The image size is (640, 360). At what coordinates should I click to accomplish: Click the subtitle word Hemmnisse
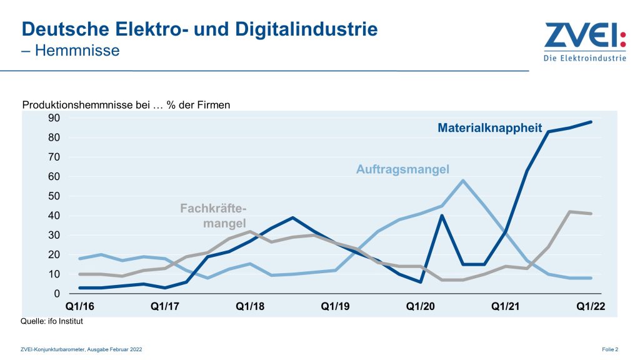click(x=78, y=51)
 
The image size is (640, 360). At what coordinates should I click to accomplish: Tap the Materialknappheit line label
click(x=489, y=128)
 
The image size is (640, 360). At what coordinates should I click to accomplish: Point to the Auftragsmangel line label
click(x=402, y=169)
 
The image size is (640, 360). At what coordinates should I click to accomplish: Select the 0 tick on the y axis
click(x=56, y=294)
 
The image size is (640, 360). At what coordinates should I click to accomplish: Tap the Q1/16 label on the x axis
click(x=80, y=307)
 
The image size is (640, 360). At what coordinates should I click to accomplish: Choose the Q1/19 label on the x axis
click(x=336, y=307)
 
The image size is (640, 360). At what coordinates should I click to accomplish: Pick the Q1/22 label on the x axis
click(x=591, y=307)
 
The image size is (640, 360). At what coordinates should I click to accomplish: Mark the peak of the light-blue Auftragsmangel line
click(x=462, y=181)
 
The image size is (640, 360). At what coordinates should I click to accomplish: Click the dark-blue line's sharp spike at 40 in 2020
click(x=442, y=216)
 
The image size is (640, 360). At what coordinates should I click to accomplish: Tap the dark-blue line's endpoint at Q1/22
click(x=591, y=122)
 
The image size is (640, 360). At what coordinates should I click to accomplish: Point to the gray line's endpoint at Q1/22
click(x=591, y=214)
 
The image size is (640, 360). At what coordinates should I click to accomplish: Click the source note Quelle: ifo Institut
click(x=52, y=321)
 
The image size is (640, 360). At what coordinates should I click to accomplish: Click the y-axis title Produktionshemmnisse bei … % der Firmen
click(x=126, y=105)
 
